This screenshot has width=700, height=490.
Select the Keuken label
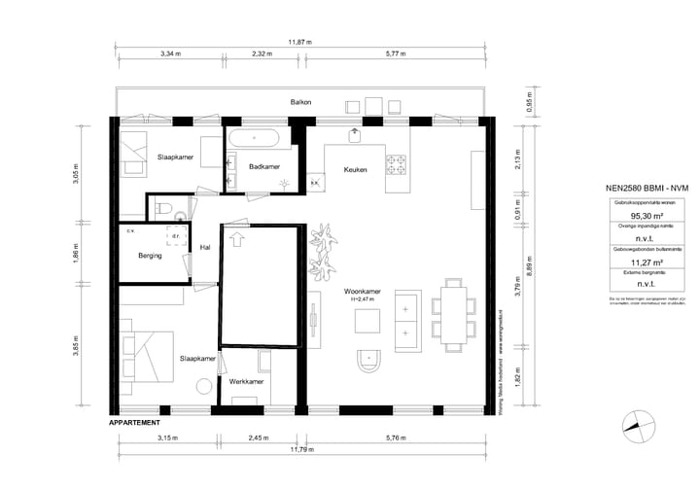point(355,170)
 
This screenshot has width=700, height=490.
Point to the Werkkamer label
point(246,382)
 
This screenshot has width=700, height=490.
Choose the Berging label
point(150,256)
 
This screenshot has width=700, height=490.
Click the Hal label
point(205,248)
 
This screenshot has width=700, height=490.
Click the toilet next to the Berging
point(163,207)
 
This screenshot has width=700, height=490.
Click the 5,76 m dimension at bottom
point(395,438)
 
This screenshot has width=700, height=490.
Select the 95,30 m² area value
point(647,217)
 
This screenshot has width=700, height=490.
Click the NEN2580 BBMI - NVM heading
point(647,189)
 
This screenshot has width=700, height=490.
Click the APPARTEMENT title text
point(134,423)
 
